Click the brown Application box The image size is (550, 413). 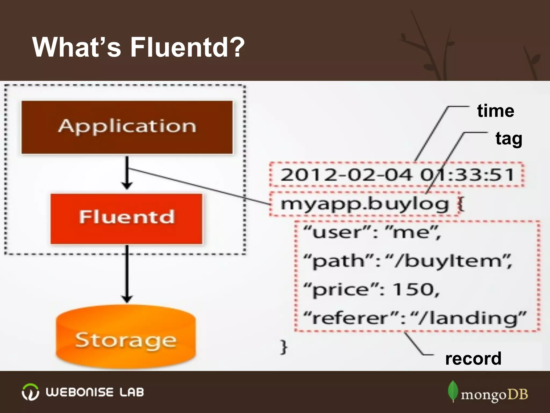[x=127, y=127]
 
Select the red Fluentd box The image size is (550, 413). [x=126, y=218]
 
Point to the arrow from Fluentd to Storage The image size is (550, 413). [x=127, y=274]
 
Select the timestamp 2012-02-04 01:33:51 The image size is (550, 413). [x=397, y=174]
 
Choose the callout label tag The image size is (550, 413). [x=509, y=139]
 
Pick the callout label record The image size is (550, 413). [x=473, y=358]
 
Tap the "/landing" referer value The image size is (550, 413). [x=469, y=318]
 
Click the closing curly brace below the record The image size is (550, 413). [x=284, y=347]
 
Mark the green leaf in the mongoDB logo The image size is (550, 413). [x=453, y=391]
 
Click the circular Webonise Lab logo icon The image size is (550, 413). [x=30, y=392]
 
